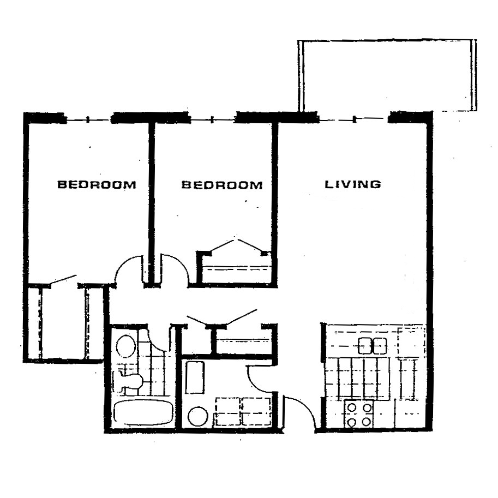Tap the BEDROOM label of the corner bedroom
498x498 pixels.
(x=97, y=184)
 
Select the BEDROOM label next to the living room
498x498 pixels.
(x=221, y=185)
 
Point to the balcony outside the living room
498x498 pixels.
(x=387, y=75)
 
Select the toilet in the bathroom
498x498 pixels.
(x=130, y=380)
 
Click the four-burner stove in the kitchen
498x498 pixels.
(x=359, y=414)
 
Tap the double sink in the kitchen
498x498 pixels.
(x=373, y=345)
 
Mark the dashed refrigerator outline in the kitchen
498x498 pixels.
(x=411, y=340)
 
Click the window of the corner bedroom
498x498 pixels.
(x=89, y=118)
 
